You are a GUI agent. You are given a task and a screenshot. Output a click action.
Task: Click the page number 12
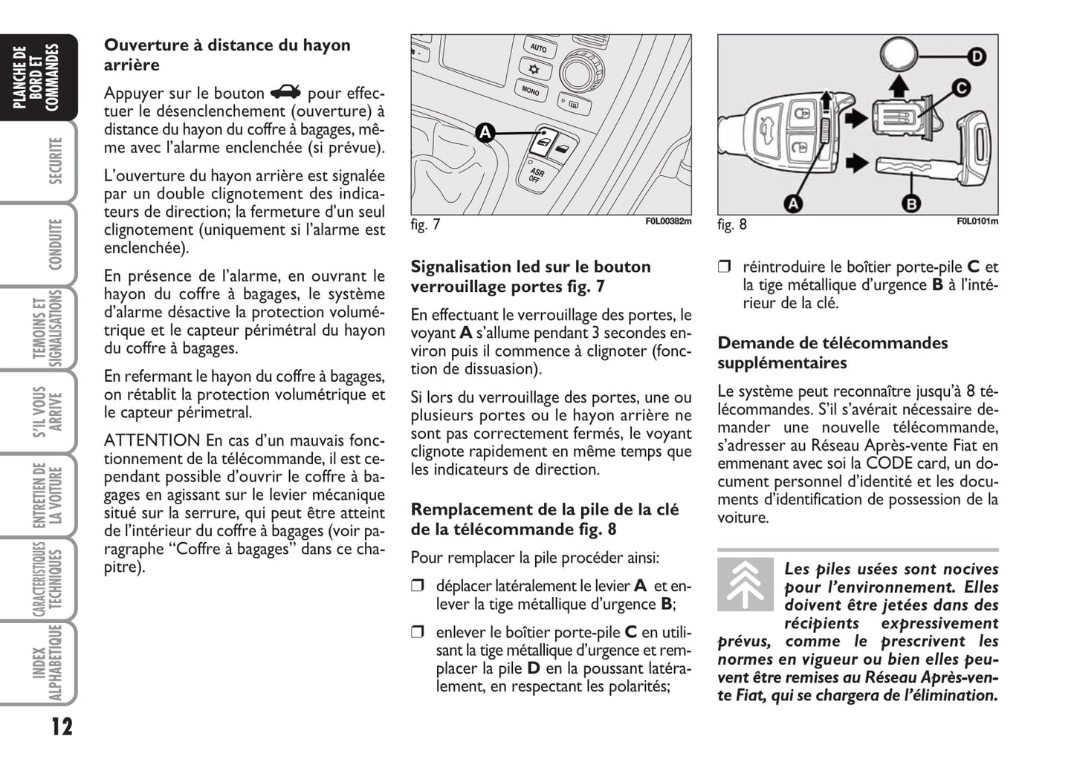tap(62, 726)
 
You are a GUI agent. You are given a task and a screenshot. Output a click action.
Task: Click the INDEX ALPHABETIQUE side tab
tap(46, 663)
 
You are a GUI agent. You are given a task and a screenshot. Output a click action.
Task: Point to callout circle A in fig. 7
tap(485, 133)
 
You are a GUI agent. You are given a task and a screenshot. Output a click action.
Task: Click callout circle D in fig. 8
tap(976, 56)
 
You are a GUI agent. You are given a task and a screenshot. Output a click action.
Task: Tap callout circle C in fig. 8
tap(961, 88)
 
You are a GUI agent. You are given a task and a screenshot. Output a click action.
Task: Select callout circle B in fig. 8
tap(910, 202)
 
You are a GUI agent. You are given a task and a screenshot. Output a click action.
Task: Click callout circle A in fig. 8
tap(793, 202)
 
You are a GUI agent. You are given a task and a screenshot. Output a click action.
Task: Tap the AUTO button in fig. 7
tap(538, 48)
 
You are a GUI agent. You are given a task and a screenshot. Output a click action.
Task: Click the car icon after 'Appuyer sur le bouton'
tap(285, 93)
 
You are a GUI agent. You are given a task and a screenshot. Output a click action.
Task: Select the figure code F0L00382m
tap(668, 221)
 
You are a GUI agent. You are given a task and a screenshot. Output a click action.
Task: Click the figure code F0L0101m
tap(977, 221)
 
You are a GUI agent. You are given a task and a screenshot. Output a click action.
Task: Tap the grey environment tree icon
tap(745, 584)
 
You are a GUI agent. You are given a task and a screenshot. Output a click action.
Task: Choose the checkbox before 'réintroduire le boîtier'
tap(725, 267)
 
